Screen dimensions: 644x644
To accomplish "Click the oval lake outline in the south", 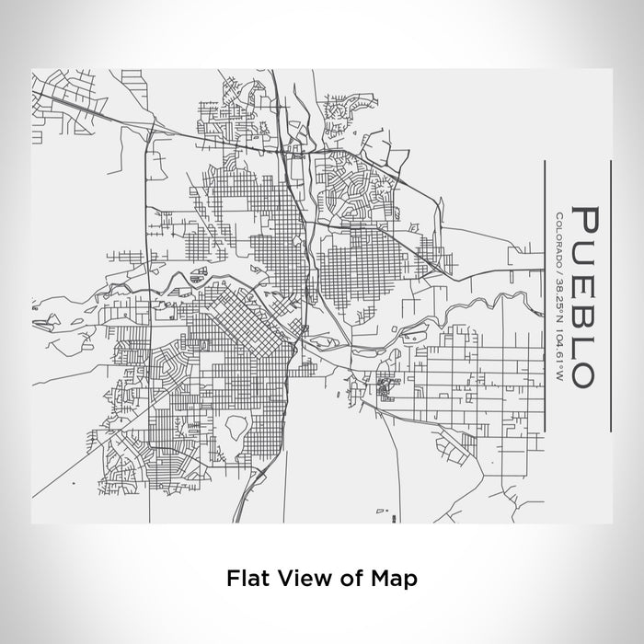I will [x=237, y=425].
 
